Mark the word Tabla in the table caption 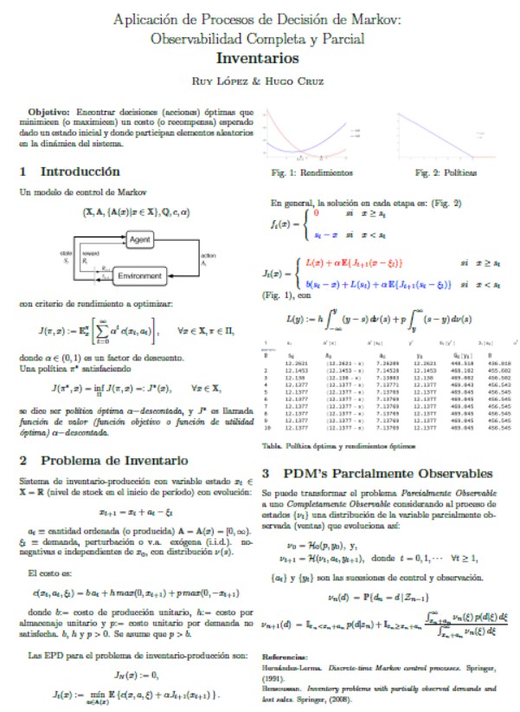coord(272,446)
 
